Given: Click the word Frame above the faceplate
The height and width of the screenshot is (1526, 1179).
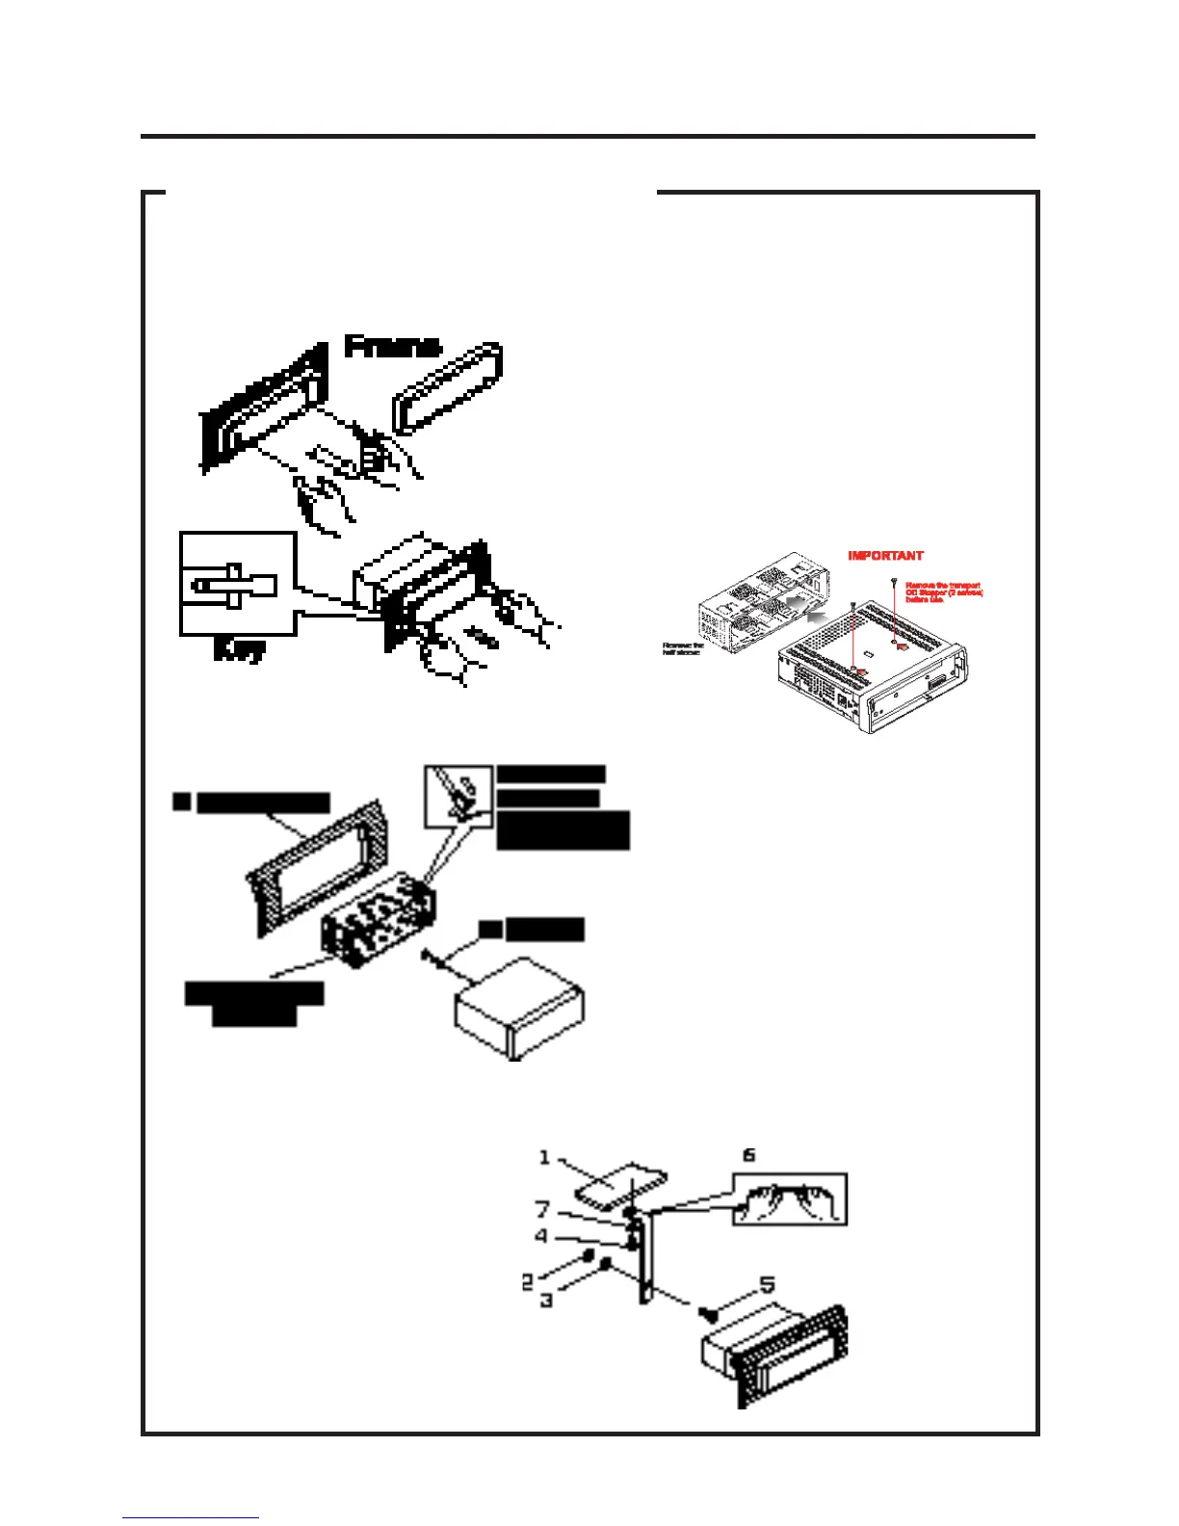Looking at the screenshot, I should tap(392, 346).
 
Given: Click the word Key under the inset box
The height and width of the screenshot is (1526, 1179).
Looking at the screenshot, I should tap(238, 651).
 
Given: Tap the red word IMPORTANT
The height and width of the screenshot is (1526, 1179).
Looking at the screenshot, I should tap(885, 556).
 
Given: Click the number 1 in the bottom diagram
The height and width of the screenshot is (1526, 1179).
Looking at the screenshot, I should tap(544, 1156).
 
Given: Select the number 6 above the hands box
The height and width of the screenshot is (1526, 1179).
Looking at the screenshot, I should tap(748, 1155).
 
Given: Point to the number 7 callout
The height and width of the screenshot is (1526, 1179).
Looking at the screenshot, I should tap(543, 1209).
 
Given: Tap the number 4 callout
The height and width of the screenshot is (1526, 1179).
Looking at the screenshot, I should tap(542, 1236).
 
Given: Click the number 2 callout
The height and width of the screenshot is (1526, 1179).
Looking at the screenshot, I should tap(528, 1282).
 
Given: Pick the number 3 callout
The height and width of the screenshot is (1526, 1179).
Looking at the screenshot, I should tap(546, 1300).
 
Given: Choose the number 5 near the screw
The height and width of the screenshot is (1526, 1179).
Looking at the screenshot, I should tap(767, 1285).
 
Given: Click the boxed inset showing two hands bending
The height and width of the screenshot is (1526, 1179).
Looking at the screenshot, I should tap(790, 1199).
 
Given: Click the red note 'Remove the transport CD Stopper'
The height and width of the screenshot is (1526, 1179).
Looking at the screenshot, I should tap(943, 592).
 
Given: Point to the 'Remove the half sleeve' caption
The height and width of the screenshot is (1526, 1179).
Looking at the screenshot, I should tap(682, 649).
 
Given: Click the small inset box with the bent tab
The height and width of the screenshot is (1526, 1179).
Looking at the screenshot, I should tap(458, 796).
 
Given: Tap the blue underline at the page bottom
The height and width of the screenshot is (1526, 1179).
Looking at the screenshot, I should tap(191, 1518).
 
